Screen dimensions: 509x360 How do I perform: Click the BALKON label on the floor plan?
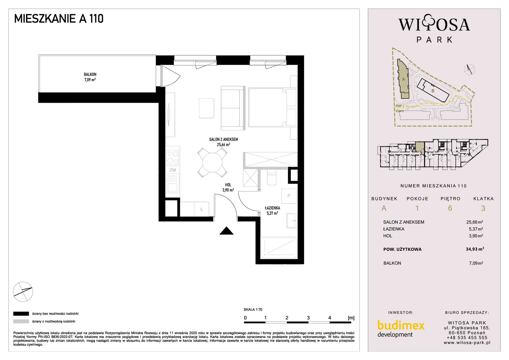click(90, 74)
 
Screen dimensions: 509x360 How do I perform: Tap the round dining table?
click(212, 162)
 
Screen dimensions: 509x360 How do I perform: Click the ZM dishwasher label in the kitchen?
click(173, 170)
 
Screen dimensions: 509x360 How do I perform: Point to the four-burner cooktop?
click(173, 157)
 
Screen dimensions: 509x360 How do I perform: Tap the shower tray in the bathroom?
click(279, 248)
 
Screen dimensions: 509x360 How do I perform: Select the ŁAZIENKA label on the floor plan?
click(272, 208)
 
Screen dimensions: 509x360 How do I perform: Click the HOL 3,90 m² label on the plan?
click(228, 187)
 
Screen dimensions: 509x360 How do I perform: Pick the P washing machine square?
click(289, 196)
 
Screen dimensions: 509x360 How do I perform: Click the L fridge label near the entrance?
click(202, 209)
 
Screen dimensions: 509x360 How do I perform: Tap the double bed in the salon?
click(273, 107)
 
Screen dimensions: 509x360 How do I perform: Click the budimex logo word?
click(401, 325)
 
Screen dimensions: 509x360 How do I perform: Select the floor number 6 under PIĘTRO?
click(450, 208)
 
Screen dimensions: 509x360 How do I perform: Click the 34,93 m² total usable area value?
click(475, 249)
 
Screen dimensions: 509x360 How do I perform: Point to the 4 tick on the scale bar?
click(329, 318)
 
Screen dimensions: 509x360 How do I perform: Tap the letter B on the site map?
click(433, 91)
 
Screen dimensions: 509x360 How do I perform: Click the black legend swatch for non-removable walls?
click(21, 314)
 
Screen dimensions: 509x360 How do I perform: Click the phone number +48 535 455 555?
click(467, 338)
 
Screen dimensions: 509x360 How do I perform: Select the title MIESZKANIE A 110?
click(59, 19)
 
